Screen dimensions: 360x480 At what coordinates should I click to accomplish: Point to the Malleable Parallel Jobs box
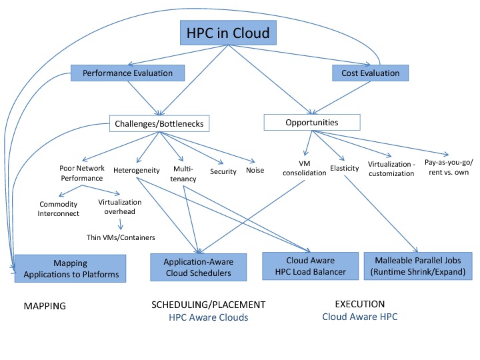point(418,265)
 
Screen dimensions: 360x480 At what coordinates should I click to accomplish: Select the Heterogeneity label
point(136,170)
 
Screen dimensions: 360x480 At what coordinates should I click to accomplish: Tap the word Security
point(223,171)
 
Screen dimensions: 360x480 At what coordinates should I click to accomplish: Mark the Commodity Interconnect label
point(59,209)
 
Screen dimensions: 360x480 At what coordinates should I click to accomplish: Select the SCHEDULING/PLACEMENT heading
point(209,305)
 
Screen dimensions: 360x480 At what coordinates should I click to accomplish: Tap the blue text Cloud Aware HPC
point(359,317)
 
